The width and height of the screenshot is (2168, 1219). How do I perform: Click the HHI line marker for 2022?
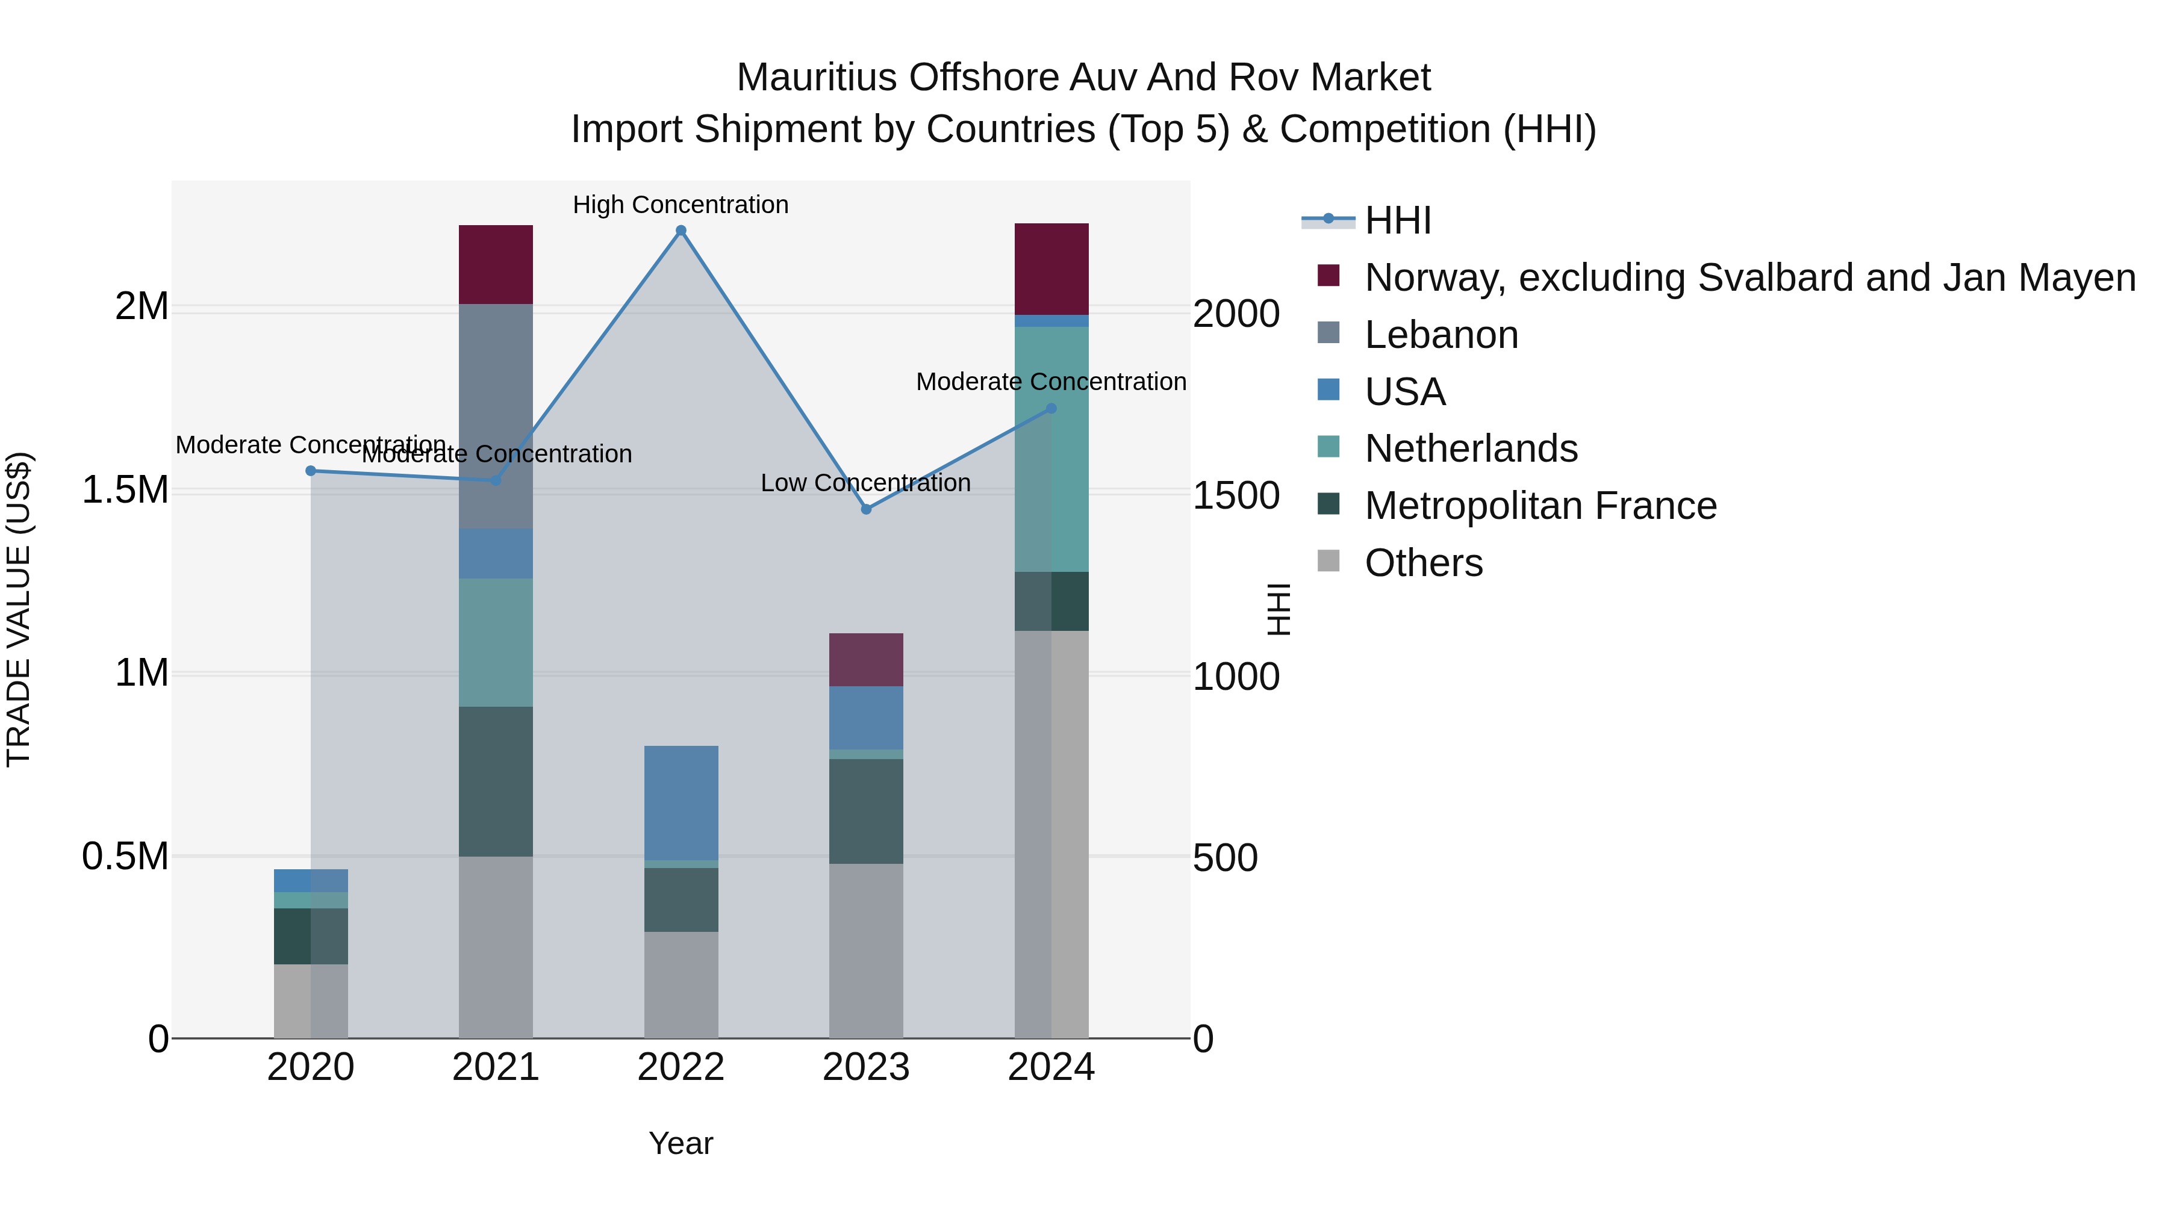tap(681, 231)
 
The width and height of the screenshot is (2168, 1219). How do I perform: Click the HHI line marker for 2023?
tap(866, 509)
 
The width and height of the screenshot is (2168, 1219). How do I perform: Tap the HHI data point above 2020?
tap(311, 471)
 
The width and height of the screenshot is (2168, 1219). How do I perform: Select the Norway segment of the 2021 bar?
tap(496, 264)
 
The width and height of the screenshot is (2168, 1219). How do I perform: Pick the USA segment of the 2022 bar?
tap(681, 802)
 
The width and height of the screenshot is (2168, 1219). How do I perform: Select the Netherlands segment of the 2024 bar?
tap(1051, 449)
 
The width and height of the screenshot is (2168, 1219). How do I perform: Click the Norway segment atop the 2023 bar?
tap(866, 660)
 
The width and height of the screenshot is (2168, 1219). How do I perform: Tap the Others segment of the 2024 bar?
tap(1051, 834)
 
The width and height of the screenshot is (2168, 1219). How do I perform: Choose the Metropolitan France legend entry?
tap(1539, 506)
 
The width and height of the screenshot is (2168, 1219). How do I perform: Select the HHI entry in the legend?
tap(1397, 220)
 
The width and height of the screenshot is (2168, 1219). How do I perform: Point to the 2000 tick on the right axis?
tap(1236, 314)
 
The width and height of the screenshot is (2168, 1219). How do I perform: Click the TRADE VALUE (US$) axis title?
tap(19, 609)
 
